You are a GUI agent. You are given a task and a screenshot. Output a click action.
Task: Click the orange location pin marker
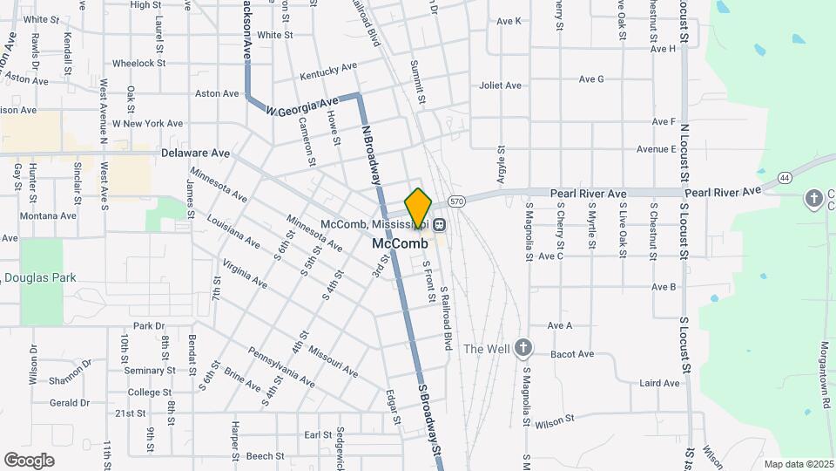(418, 208)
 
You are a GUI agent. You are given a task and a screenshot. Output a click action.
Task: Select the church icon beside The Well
(522, 348)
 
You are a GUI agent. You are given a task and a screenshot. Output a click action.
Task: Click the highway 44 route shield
(785, 178)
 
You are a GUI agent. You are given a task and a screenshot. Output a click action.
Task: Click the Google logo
(30, 460)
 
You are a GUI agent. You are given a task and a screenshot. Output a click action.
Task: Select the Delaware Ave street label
(195, 153)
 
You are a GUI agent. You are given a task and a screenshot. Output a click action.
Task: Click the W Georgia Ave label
(301, 107)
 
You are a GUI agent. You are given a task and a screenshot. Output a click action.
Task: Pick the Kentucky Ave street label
(328, 71)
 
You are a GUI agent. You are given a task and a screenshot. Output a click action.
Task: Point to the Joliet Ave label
(500, 85)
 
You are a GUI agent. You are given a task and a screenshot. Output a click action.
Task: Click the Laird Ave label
(659, 383)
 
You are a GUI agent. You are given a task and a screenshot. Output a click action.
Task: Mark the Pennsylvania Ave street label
(280, 367)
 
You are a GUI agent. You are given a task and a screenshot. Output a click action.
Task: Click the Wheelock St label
(138, 63)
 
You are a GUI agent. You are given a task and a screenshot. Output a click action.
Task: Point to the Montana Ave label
(49, 215)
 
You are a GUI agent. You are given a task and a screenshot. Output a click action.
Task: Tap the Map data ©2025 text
(799, 464)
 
